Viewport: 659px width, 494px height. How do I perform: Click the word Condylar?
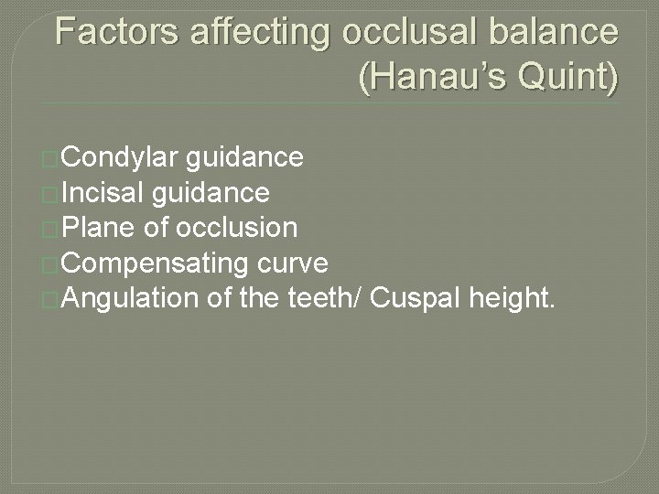[122, 158]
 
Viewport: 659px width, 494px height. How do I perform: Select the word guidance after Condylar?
[244, 158]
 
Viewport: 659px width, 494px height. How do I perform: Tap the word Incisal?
[105, 193]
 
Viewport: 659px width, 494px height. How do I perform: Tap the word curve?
[295, 263]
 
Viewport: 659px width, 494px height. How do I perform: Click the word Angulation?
[130, 297]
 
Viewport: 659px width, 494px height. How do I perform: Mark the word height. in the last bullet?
[519, 297]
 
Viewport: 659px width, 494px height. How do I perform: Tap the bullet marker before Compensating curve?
[52, 264]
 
